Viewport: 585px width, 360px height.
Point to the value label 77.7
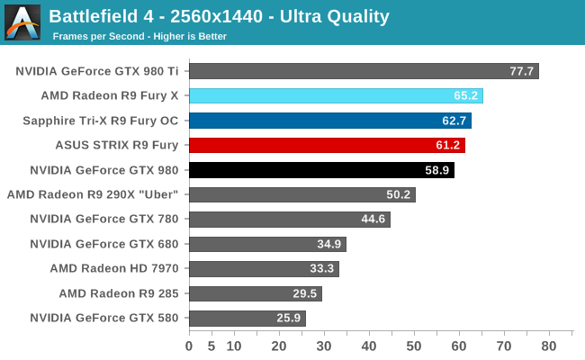tap(522, 71)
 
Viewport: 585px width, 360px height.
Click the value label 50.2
tap(398, 194)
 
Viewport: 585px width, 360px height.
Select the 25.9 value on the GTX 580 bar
tap(289, 318)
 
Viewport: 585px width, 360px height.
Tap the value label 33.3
tap(322, 268)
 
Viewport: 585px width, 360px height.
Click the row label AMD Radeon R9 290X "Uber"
tap(93, 194)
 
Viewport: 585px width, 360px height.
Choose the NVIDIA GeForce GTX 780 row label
tap(104, 219)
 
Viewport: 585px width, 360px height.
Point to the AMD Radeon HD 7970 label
tap(114, 268)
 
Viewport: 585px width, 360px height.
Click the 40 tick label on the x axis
tap(369, 346)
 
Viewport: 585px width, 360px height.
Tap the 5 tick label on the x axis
tap(211, 346)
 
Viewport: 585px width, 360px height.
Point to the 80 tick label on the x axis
tap(549, 346)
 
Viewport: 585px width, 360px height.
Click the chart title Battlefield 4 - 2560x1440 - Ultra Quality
tap(219, 16)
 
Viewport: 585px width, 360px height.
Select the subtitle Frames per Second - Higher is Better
tap(139, 36)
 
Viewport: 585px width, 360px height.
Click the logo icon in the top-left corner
tap(22, 22)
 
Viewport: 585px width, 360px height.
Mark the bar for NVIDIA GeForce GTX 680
tap(267, 244)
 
